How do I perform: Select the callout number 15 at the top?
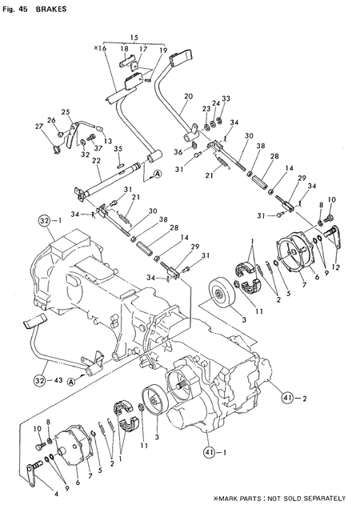[x=133, y=38]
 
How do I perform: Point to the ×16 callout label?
[x=99, y=49]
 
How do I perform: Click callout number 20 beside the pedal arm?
[x=188, y=97]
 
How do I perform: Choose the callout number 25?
[x=65, y=112]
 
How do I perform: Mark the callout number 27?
[x=38, y=126]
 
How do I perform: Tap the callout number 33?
[x=226, y=98]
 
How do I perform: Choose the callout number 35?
[x=118, y=149]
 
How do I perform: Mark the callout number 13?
[x=107, y=141]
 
